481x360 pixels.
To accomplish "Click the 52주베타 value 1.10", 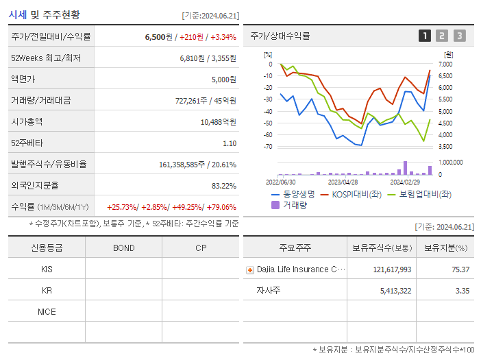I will point(230,143).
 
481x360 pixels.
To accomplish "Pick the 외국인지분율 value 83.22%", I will point(224,186).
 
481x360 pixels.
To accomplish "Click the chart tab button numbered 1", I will point(425,36).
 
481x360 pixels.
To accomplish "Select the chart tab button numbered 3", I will point(459,36).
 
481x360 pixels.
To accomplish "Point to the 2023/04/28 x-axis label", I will point(343,182).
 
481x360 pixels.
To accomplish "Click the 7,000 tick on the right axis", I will point(445,64).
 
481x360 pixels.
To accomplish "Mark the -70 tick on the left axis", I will point(268,147).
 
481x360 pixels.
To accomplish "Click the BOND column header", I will point(123,248).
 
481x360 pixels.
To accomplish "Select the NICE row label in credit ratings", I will point(47,312).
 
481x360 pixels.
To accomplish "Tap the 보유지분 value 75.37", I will point(460,269).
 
